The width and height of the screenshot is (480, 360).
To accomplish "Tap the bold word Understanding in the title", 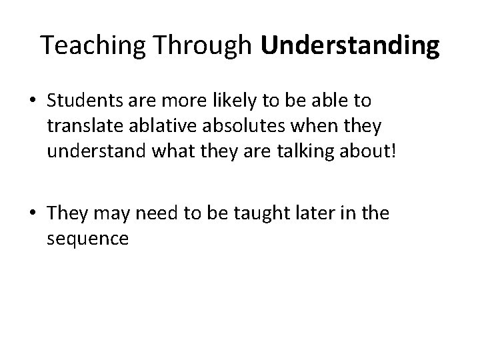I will [x=351, y=45].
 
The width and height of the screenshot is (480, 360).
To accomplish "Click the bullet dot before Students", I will [x=33, y=101].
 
